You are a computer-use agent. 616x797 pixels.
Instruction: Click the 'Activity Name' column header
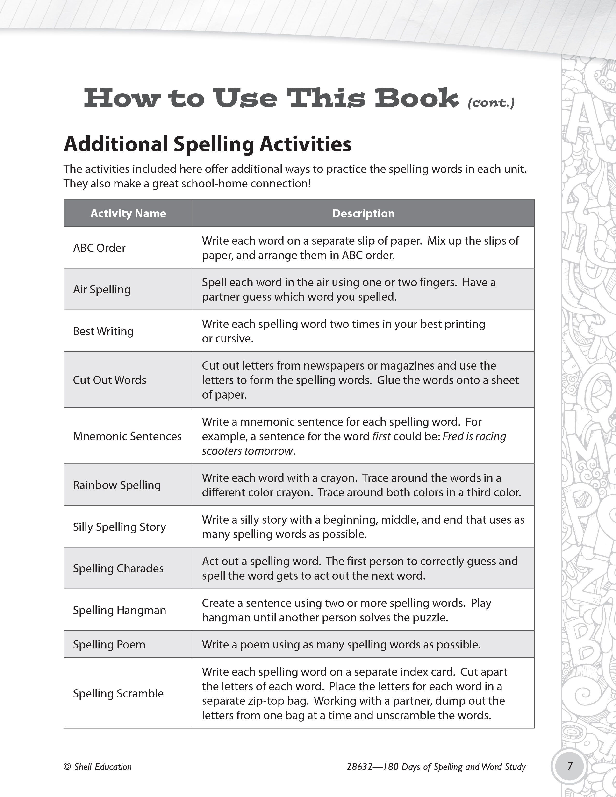128,213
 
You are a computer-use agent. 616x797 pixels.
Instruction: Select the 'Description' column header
363,213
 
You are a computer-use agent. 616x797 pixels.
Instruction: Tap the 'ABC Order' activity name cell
99,248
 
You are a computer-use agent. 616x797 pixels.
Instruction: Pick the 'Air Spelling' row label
102,289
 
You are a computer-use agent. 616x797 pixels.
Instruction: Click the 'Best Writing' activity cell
103,331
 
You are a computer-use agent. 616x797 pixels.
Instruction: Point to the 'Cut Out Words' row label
109,380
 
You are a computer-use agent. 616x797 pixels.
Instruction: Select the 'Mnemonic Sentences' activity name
127,436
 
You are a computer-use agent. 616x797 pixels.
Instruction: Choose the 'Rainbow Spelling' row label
117,485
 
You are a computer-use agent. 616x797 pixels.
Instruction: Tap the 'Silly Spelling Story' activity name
119,527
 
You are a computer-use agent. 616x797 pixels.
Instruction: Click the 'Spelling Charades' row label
118,568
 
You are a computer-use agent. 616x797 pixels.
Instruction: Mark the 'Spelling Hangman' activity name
119,610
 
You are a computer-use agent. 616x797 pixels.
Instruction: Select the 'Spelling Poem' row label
109,644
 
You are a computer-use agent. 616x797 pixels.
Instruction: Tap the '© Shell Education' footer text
98,767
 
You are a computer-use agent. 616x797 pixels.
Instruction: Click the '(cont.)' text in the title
491,103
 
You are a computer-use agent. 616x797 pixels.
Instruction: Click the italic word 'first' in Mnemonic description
381,436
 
